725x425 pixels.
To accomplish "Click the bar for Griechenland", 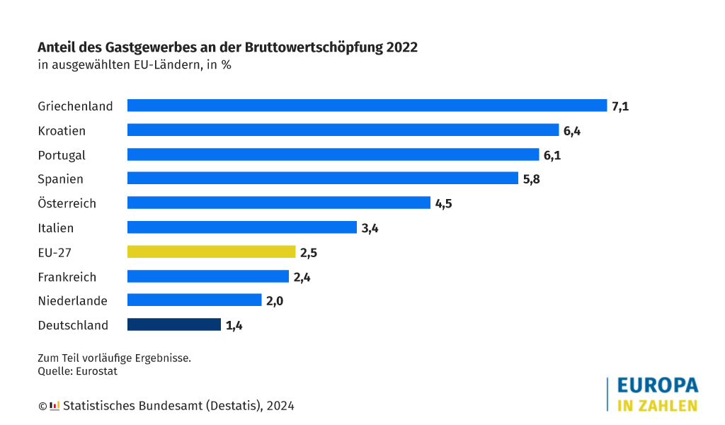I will (367, 106).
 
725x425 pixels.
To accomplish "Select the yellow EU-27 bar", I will (211, 251).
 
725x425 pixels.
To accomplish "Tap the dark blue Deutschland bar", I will (174, 324).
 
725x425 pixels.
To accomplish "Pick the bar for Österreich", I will (278, 203).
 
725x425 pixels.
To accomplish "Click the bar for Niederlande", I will (194, 300).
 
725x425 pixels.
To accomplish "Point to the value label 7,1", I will (620, 106).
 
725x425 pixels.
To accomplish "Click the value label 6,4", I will (572, 130).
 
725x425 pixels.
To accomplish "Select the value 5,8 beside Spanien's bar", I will (531, 179).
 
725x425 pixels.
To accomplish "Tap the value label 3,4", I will (370, 228).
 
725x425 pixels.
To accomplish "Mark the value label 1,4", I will (234, 326).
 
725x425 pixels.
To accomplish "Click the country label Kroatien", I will (62, 130).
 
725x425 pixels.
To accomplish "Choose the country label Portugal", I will (62, 155).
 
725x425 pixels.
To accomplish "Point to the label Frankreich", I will (67, 277).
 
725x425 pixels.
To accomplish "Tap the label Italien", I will (55, 228).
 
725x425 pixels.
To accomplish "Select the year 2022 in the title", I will (402, 47).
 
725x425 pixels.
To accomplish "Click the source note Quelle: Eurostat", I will (77, 370).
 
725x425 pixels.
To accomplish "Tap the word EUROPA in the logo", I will (657, 385).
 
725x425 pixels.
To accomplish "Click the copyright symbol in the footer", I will (42, 406).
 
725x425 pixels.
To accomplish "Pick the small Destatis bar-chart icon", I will (55, 406).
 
